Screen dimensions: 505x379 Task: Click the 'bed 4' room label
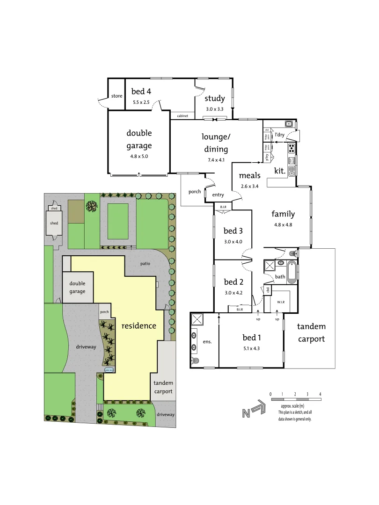(141, 92)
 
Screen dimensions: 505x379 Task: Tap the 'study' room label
(215, 98)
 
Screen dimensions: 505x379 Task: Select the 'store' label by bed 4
(117, 96)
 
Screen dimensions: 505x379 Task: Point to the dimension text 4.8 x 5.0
(139, 156)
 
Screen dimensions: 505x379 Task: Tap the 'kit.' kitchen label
(280, 171)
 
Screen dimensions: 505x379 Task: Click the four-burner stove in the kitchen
(292, 148)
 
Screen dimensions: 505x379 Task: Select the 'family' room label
(283, 214)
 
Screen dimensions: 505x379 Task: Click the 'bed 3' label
(233, 231)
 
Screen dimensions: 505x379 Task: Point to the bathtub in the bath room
(292, 272)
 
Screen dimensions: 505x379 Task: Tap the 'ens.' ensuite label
(207, 341)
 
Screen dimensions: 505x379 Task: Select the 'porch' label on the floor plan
(195, 192)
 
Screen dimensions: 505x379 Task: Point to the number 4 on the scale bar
(320, 394)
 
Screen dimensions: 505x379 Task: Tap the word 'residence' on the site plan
(139, 325)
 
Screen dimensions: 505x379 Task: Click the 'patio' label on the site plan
(146, 264)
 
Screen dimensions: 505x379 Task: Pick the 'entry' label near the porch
(218, 195)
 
